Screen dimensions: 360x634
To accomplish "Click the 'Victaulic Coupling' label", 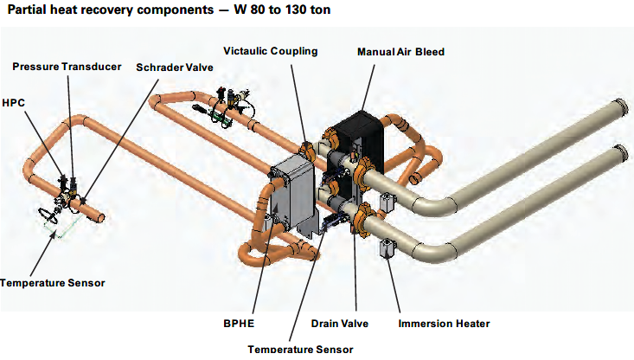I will click(270, 51).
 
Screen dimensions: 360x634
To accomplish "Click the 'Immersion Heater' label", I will click(444, 324).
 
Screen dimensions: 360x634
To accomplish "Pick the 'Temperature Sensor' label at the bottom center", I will click(299, 349).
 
